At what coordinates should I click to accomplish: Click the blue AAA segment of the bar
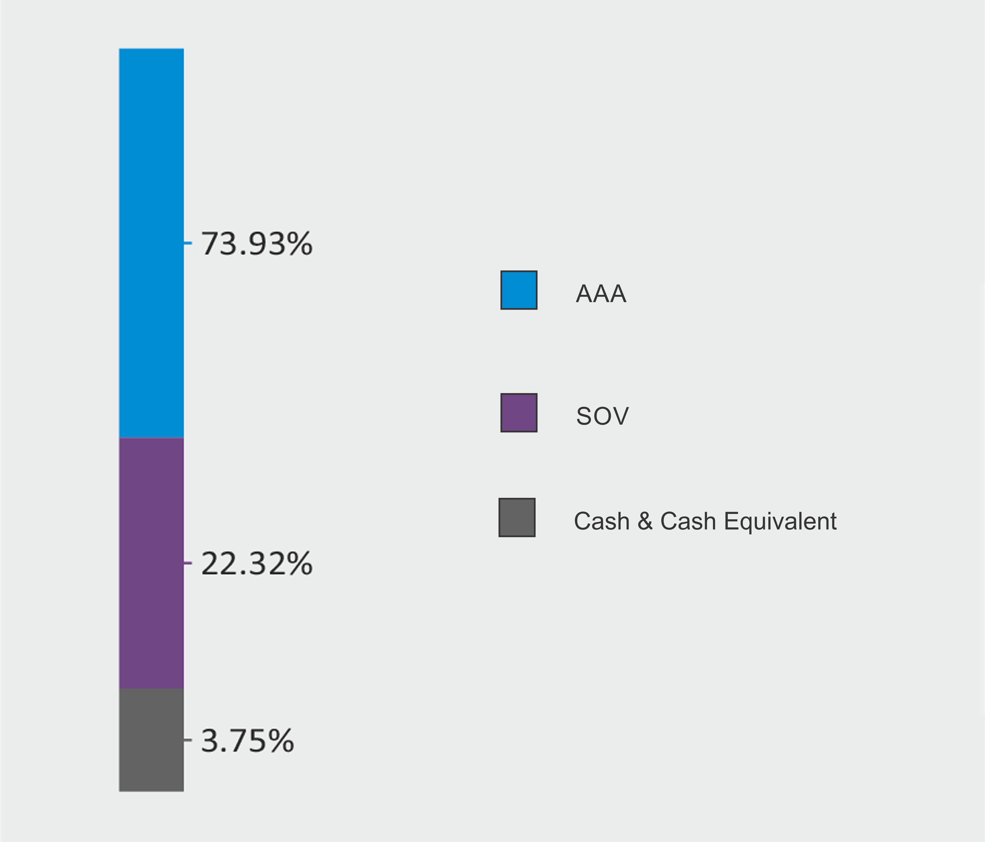tap(151, 242)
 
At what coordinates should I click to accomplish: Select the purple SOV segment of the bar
tap(151, 563)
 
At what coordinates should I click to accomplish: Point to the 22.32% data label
tap(257, 564)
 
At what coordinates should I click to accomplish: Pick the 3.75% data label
tap(247, 741)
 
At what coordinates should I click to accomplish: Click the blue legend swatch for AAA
tap(519, 290)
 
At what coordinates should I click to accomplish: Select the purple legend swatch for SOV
tap(519, 413)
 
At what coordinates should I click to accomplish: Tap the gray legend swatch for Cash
tap(517, 517)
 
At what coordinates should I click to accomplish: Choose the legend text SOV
tap(602, 416)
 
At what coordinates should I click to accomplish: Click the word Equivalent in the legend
tap(780, 521)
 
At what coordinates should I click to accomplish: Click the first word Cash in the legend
tap(601, 521)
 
